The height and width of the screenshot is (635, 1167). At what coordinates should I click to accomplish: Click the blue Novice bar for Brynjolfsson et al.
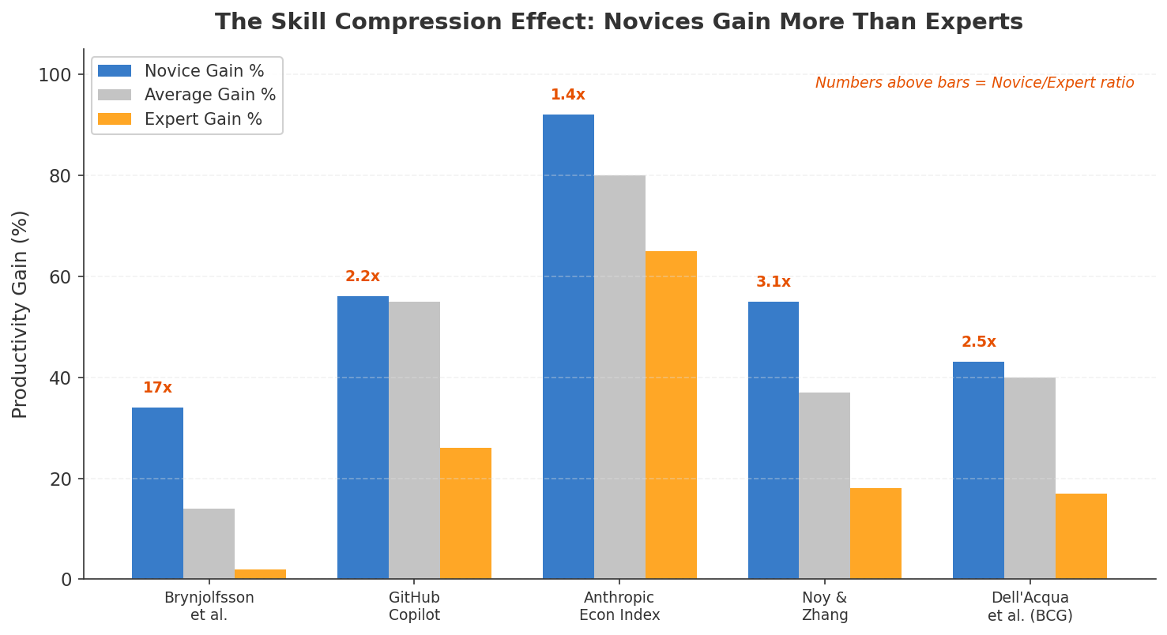[x=157, y=493]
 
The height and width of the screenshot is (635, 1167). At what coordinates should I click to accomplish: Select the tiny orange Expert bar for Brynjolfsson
[x=260, y=574]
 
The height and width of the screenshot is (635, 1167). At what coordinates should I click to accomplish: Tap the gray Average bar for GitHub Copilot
[x=414, y=440]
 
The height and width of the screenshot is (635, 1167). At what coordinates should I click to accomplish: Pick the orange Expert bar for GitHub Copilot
[x=465, y=513]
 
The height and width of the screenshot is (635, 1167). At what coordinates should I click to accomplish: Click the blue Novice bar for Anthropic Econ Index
[x=568, y=347]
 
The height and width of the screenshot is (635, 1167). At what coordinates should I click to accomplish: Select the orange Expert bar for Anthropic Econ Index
[x=671, y=415]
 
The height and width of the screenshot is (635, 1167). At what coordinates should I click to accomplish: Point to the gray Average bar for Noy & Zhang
[x=824, y=486]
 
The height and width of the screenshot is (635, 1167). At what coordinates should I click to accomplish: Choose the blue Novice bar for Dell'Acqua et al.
[x=978, y=470]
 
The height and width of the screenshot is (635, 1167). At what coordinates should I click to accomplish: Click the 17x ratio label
[x=157, y=388]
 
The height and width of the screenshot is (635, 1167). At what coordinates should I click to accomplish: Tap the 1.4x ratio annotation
[x=567, y=95]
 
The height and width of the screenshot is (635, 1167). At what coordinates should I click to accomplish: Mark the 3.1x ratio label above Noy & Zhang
[x=773, y=282]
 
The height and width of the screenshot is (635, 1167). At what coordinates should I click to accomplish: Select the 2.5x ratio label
[x=978, y=342]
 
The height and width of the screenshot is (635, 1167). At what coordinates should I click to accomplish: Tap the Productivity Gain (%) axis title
[x=21, y=314]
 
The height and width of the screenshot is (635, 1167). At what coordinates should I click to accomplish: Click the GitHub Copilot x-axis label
[x=414, y=607]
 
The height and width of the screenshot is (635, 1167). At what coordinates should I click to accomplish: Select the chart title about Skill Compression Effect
[x=619, y=22]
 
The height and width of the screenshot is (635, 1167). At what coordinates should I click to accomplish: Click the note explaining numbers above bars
[x=974, y=83]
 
